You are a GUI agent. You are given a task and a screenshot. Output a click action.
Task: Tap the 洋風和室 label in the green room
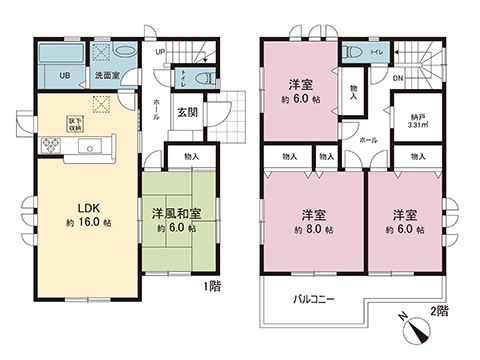[176, 213]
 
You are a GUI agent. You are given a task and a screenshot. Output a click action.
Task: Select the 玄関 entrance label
[186, 112]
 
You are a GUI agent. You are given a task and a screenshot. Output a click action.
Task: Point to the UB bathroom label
[63, 75]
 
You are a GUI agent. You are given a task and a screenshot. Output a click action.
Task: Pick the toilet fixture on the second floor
[351, 53]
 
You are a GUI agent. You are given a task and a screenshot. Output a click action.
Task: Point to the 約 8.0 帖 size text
[314, 229]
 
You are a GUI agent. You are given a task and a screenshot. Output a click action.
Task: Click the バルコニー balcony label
[314, 299]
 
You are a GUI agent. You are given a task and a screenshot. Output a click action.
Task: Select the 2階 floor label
[441, 312]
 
